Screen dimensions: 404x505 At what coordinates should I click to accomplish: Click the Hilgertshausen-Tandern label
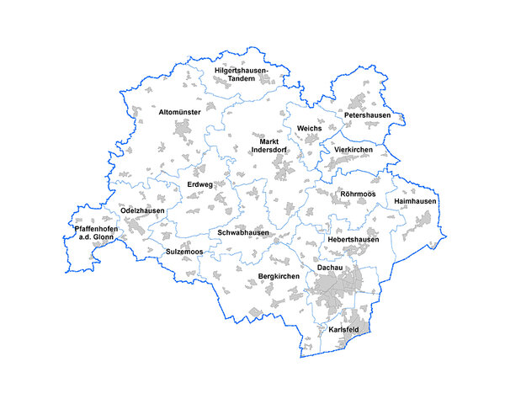click(x=240, y=74)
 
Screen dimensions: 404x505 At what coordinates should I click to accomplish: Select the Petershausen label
click(x=368, y=114)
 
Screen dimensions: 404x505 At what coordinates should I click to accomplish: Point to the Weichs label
click(x=310, y=128)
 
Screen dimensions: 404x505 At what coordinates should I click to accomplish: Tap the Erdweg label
click(x=200, y=184)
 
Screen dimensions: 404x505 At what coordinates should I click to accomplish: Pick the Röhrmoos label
click(x=358, y=194)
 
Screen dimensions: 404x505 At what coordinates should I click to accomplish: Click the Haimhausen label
click(x=414, y=202)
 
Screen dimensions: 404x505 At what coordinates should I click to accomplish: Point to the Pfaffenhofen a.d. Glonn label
click(x=96, y=233)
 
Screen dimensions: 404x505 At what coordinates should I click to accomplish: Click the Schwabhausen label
click(x=243, y=232)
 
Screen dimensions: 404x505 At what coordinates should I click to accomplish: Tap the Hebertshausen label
click(x=353, y=240)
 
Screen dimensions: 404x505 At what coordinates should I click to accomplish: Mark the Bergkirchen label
click(x=279, y=276)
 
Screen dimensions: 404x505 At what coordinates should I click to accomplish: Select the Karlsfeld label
click(x=344, y=328)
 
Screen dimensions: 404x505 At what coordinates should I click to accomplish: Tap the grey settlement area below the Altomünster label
click(x=183, y=130)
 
